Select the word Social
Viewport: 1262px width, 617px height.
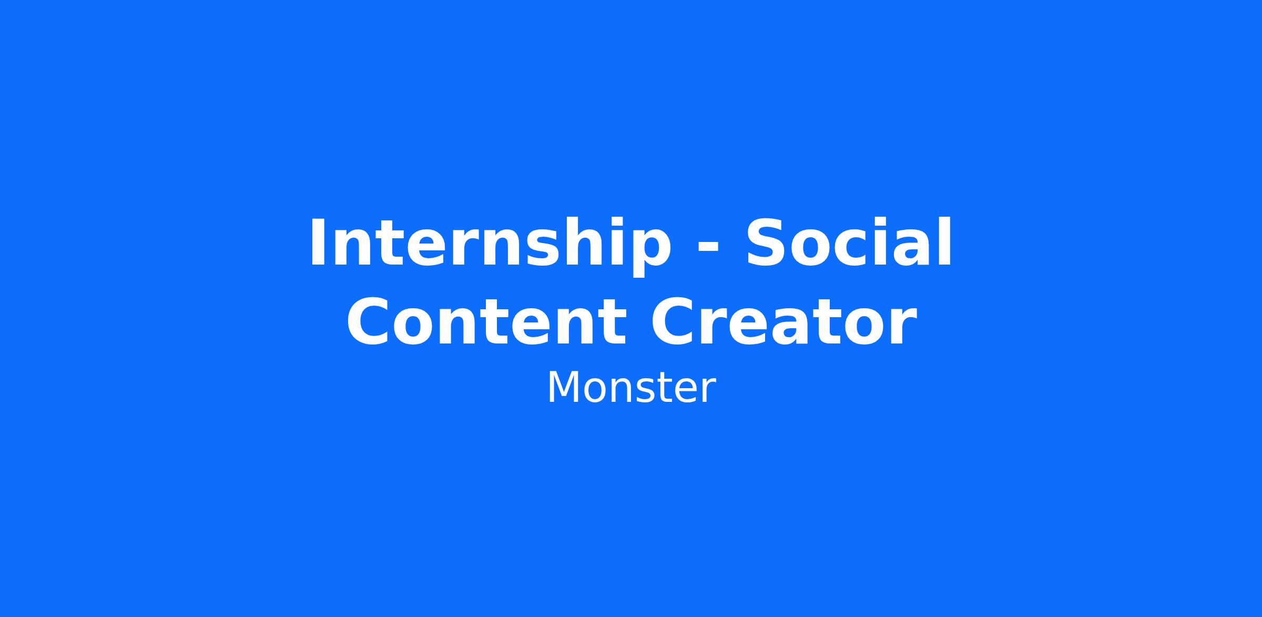coord(848,242)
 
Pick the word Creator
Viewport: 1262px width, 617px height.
coord(784,321)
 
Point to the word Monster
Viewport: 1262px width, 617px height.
coord(631,389)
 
